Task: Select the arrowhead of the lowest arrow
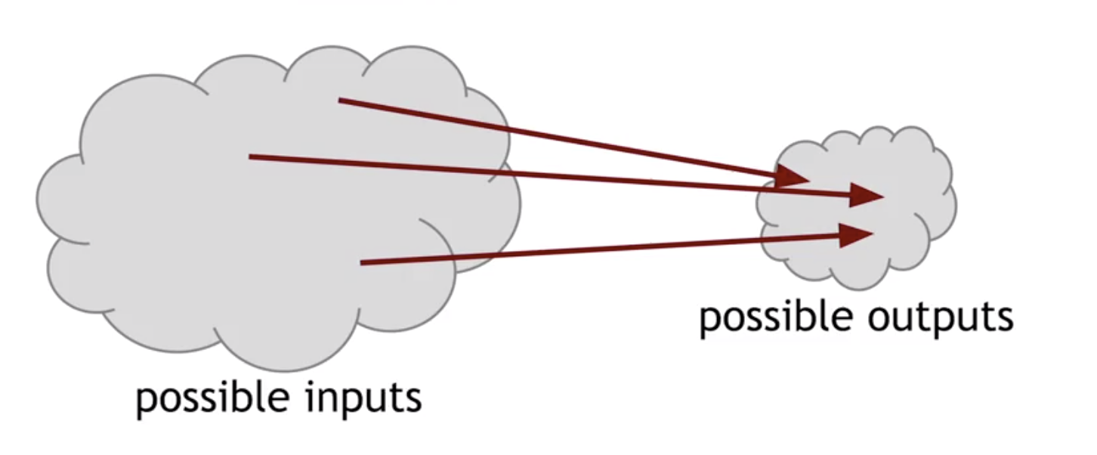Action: point(860,234)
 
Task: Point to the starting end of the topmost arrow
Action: point(340,100)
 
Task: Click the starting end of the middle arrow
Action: point(251,156)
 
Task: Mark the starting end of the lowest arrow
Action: point(362,262)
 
